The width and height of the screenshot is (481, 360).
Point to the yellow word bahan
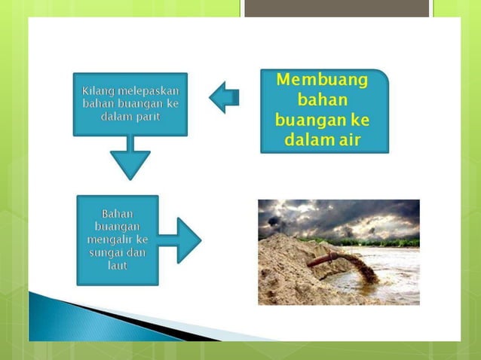click(323, 100)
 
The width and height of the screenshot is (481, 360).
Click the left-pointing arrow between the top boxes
click(224, 97)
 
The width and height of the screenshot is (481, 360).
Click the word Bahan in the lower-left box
click(118, 214)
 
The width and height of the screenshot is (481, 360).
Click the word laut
click(118, 266)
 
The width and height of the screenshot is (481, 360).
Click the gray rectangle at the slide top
click(337, 8)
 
